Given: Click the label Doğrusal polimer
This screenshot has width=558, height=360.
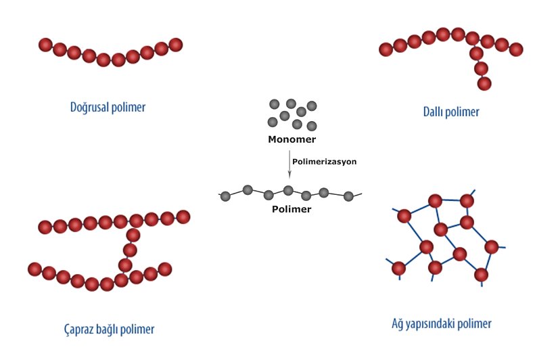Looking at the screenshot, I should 108,107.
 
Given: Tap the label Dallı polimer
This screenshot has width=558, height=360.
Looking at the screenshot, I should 446,112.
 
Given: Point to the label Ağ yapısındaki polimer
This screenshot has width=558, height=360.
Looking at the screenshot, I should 441,323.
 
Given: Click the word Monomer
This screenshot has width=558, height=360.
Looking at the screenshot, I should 292,140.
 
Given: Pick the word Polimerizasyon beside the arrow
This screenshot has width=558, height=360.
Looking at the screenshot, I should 324,162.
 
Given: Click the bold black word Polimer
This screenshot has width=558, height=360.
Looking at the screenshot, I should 292,209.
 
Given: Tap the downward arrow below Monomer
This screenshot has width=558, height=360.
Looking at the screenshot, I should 289,166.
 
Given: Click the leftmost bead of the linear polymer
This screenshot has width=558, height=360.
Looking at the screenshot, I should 45,45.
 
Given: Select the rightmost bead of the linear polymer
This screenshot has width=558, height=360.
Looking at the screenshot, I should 176,45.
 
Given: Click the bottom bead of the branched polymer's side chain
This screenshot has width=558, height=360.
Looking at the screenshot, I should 484,84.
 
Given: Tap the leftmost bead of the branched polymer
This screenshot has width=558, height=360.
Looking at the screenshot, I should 386,49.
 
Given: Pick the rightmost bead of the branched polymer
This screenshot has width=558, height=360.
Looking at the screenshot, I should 516,49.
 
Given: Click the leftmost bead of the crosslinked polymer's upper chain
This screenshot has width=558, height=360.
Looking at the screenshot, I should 45,227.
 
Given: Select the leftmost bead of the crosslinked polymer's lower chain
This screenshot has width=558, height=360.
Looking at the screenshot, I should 34,269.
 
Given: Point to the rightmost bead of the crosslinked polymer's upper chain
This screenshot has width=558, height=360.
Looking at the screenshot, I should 183,217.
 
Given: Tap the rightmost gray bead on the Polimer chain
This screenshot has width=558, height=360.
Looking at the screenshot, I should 348,196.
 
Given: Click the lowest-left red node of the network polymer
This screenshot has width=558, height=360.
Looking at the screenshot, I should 398,268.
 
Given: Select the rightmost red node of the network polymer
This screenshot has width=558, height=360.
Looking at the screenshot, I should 491,246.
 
